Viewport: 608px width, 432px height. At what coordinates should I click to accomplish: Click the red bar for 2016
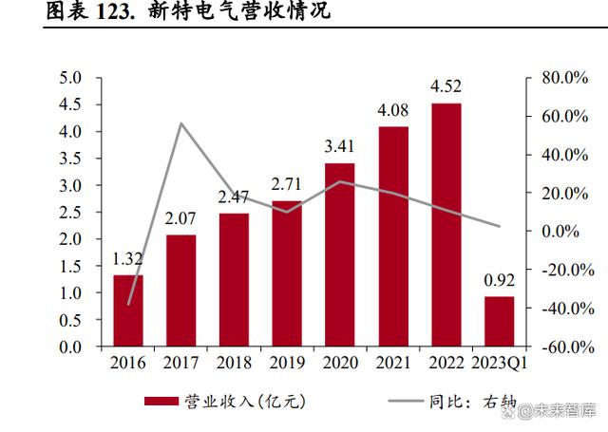point(128,310)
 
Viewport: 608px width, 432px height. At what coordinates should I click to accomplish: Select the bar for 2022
point(446,224)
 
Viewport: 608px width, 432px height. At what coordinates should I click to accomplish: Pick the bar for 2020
point(339,254)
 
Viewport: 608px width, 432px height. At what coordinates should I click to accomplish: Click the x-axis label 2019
point(286,363)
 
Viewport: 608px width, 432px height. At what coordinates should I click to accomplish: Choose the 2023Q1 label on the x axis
point(498,363)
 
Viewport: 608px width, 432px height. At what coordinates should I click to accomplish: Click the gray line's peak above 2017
point(180,123)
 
